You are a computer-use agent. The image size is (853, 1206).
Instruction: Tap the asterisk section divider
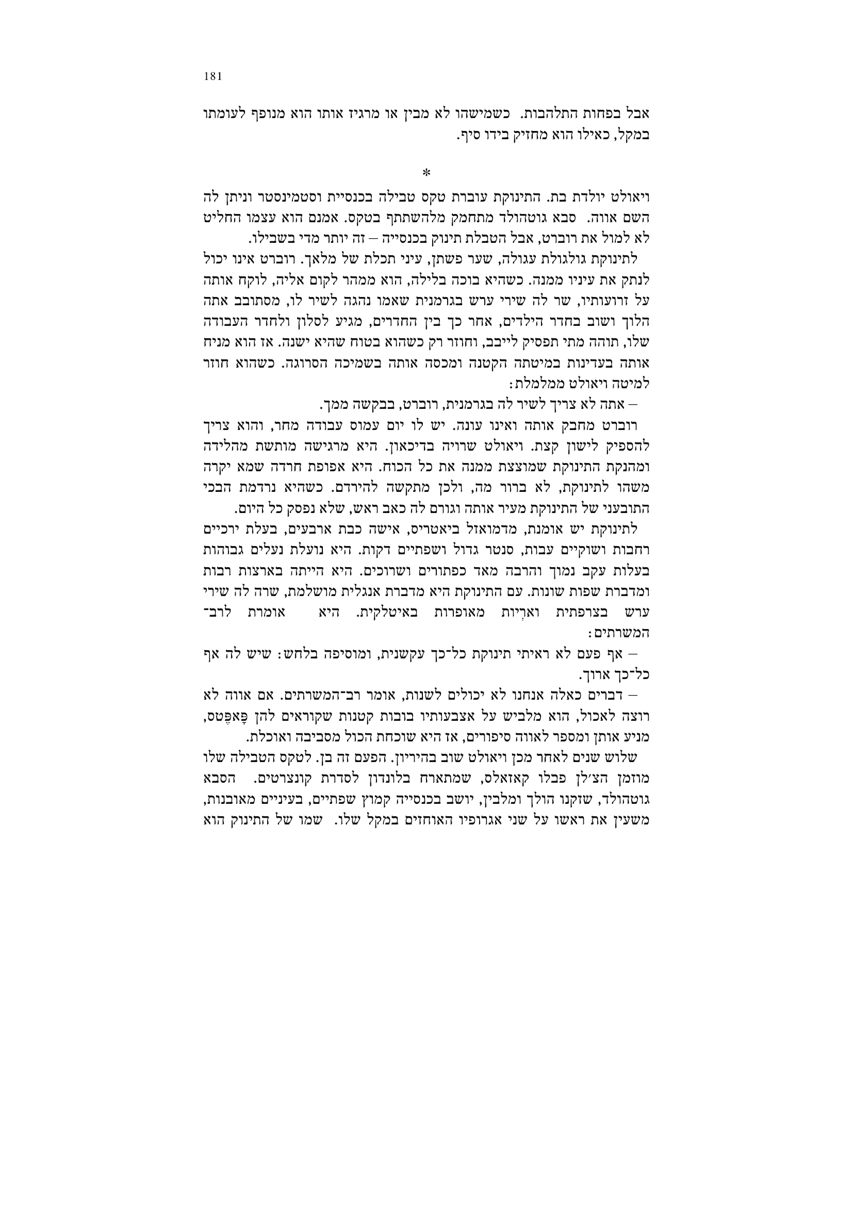click(426, 173)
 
